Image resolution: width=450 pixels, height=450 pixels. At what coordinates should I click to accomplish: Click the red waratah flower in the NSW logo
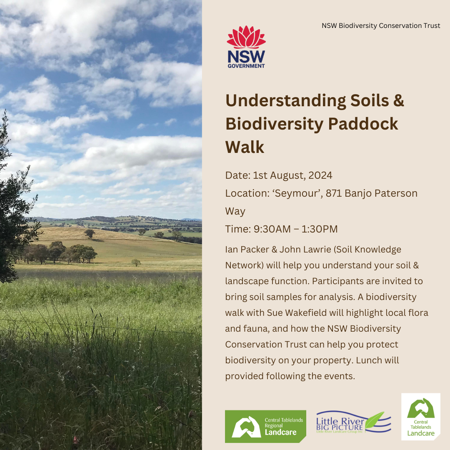[x=246, y=37]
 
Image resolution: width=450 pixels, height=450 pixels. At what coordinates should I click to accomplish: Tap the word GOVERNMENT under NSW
[x=246, y=65]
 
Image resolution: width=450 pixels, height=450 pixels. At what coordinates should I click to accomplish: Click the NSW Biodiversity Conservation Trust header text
[x=381, y=26]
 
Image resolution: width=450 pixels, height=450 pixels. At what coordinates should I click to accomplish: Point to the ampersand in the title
[x=398, y=101]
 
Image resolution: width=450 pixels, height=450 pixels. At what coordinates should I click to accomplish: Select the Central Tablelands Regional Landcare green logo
[x=265, y=426]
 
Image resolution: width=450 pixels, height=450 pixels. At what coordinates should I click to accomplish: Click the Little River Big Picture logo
[x=353, y=422]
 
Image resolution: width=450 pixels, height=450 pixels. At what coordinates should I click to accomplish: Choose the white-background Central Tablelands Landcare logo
[x=420, y=417]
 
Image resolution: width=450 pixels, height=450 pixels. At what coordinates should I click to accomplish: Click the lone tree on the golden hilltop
[x=89, y=233]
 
